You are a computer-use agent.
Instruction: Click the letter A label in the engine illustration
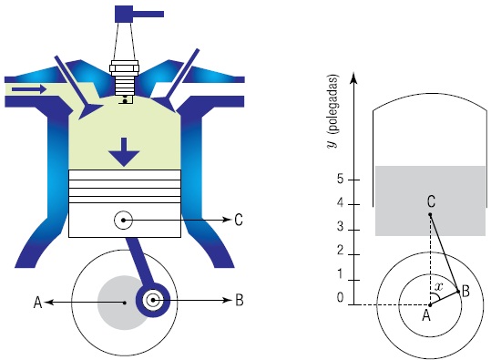(37, 303)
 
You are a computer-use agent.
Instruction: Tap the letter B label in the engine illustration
(239, 300)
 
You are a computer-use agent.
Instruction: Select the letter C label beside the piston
(239, 220)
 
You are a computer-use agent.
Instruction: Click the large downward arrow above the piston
(124, 152)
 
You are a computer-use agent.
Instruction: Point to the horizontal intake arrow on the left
(29, 89)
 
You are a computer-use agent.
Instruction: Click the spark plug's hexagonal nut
(124, 68)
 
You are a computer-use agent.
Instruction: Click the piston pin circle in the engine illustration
(123, 221)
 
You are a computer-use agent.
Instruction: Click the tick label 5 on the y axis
(341, 180)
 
